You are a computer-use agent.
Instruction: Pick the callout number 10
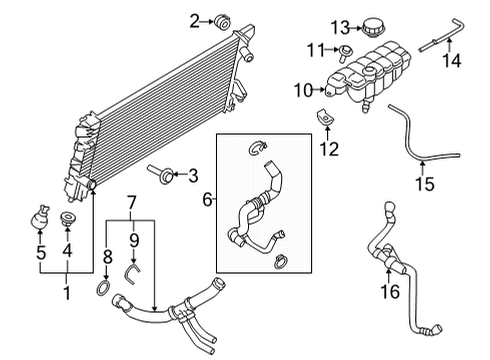[303, 91]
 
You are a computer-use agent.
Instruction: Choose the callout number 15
[424, 184]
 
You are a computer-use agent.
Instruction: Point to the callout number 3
[194, 177]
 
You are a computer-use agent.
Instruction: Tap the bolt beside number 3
[160, 176]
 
